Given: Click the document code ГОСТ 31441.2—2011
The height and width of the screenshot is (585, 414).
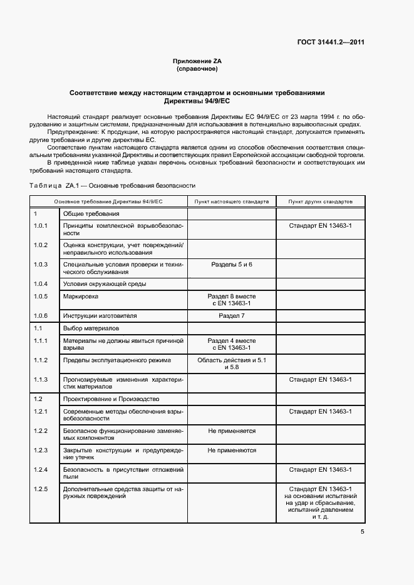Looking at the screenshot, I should point(331,43).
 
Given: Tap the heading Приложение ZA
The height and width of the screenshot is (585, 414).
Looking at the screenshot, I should point(197,61).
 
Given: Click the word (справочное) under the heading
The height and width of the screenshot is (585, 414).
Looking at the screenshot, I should point(197,69).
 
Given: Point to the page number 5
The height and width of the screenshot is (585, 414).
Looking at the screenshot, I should point(362,532).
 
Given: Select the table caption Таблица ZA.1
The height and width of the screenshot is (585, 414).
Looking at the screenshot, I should point(112,186).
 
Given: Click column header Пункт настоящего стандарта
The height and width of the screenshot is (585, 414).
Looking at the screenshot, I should point(232,202).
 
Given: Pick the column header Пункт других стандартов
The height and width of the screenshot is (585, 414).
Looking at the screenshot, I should point(320,202).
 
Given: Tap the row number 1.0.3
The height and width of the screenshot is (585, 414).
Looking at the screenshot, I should point(41,265).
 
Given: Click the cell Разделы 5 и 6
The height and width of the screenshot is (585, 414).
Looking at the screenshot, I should point(232,265).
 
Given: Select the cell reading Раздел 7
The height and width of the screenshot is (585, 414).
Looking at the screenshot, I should point(232,316).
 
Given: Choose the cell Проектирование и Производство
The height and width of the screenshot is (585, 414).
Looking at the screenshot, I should point(111,399).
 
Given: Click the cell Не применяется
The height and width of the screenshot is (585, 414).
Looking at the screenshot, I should point(232,431).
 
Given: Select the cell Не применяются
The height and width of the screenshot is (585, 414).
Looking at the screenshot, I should point(232,450).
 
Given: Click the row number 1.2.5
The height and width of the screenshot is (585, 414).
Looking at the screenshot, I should point(41,488).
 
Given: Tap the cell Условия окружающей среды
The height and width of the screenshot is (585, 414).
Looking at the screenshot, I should point(105,284).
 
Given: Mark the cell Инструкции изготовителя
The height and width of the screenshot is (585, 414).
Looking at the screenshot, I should point(100,316).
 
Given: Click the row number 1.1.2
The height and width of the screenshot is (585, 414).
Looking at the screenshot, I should point(41,360).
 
